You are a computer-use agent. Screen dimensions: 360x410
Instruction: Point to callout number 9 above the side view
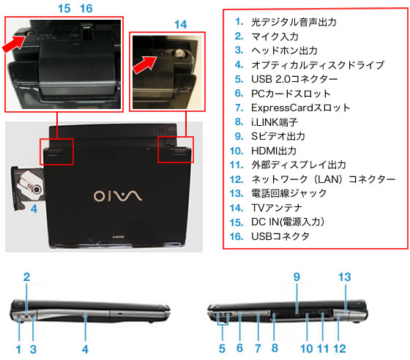pyautogui.click(x=297, y=277)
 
